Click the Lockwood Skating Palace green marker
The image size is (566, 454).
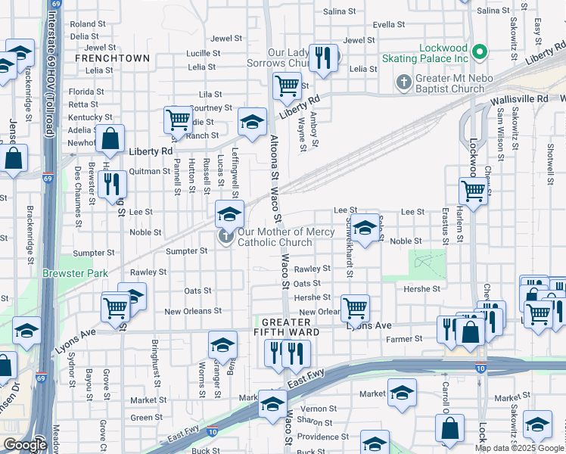479,52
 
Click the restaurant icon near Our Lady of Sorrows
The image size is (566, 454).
323,58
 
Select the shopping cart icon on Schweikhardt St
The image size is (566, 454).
355,308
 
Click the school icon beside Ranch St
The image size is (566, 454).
253,120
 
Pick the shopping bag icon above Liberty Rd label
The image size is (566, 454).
110,138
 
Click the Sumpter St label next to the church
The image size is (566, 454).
181,251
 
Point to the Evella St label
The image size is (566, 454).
389,24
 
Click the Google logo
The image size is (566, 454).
25,445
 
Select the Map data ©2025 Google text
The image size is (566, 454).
520,448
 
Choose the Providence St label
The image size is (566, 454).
322,437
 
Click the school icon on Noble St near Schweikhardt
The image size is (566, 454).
365,229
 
